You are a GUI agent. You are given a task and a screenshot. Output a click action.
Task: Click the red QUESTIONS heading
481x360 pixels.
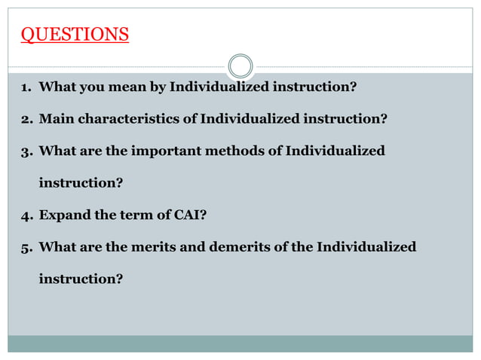(74, 35)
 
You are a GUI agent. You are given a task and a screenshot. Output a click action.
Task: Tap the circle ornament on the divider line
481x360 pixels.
(240, 66)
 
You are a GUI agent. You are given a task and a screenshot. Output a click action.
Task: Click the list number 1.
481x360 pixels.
(25, 87)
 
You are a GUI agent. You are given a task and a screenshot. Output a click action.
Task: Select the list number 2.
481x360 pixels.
(25, 119)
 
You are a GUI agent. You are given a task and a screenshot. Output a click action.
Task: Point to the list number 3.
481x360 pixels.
(25, 151)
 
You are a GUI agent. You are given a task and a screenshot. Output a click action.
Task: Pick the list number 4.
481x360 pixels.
(25, 215)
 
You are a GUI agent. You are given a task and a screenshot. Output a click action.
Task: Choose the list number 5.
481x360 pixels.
(25, 247)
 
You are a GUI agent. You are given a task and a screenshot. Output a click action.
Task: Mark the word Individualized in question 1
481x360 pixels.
(219, 87)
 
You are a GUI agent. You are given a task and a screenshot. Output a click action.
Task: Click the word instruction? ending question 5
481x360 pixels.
(81, 279)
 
